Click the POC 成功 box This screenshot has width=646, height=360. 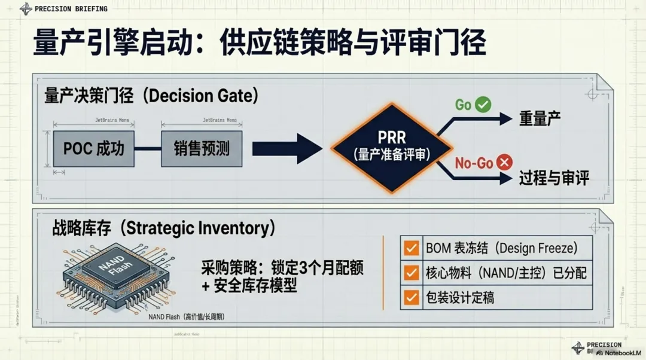pyautogui.click(x=93, y=148)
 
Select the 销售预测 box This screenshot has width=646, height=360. pyautogui.click(x=202, y=148)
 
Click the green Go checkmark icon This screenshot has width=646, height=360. pyautogui.click(x=483, y=105)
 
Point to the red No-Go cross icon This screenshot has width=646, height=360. pyautogui.click(x=505, y=161)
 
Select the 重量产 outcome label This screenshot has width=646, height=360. pyautogui.click(x=539, y=118)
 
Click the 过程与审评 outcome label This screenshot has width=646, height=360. pyautogui.click(x=554, y=178)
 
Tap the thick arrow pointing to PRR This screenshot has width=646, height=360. pyautogui.click(x=287, y=148)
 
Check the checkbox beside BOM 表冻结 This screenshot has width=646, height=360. pyautogui.click(x=412, y=248)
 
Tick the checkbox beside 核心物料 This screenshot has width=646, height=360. pyautogui.click(x=412, y=273)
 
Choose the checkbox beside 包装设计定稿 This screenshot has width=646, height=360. pyautogui.click(x=412, y=297)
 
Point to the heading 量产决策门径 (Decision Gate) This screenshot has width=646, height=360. pyautogui.click(x=150, y=96)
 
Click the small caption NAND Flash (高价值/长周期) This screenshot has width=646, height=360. pyautogui.click(x=190, y=316)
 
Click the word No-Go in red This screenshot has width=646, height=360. pyautogui.click(x=474, y=163)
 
